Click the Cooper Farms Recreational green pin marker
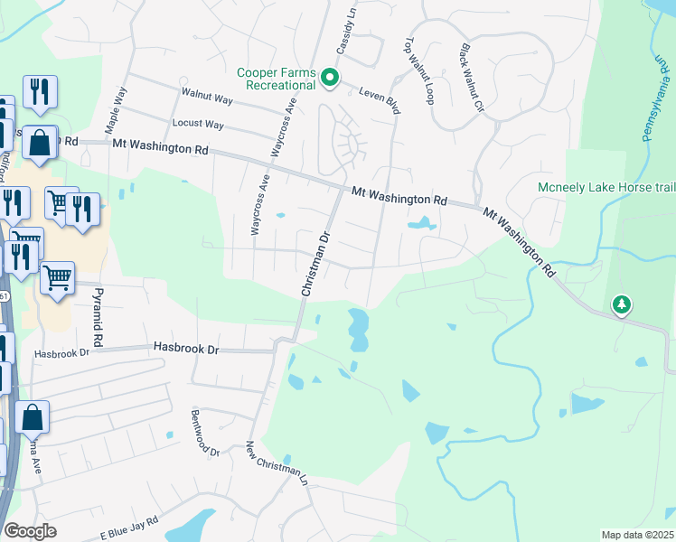click(x=331, y=79)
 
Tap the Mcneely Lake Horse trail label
click(x=605, y=188)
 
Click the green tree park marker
click(x=622, y=304)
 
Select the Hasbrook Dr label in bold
click(x=186, y=346)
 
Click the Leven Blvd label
click(x=380, y=95)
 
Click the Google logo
click(x=29, y=531)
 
